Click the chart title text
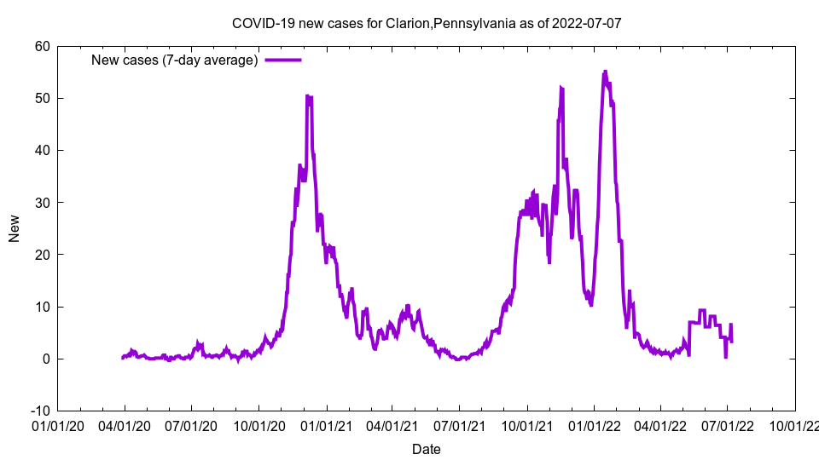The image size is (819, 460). [x=427, y=23]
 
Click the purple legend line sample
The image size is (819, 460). [x=282, y=60]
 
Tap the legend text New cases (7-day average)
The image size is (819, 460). [x=174, y=60]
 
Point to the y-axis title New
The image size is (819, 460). [x=14, y=227]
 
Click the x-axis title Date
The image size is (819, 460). [x=427, y=449]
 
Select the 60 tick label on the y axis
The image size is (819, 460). [x=42, y=46]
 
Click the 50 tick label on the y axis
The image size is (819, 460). [x=42, y=98]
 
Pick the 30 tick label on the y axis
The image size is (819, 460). [x=42, y=203]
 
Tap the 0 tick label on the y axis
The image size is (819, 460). [x=46, y=359]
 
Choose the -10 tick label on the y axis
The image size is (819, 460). [x=39, y=411]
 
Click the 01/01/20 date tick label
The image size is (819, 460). [x=57, y=425]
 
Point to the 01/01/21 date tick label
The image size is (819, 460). [x=325, y=425]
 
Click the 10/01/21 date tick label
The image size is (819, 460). [x=526, y=425]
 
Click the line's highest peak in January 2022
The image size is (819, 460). [x=605, y=72]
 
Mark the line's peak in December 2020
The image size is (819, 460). [x=308, y=96]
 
